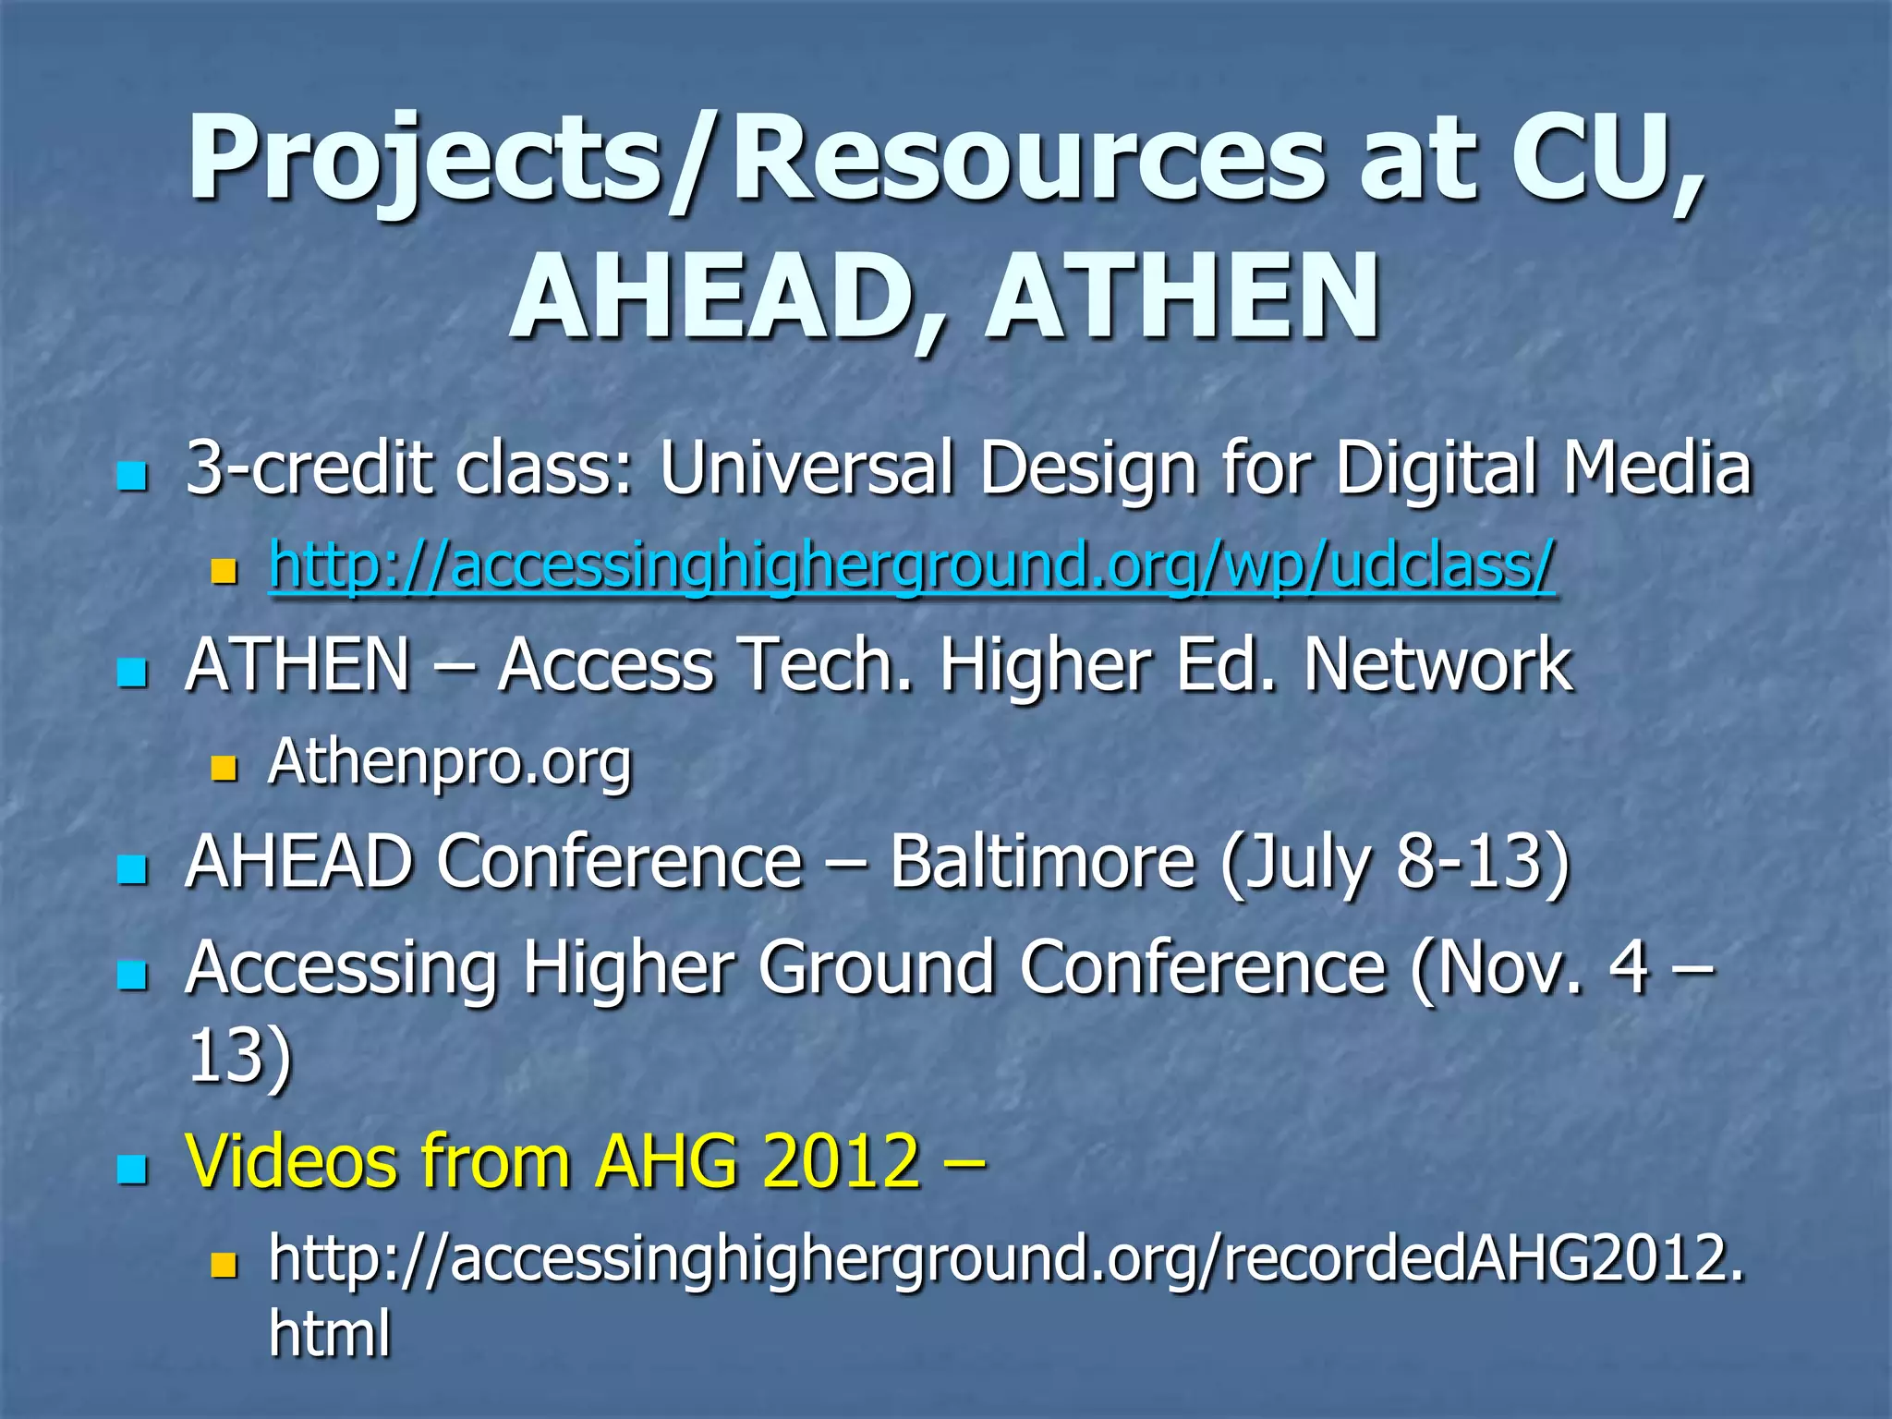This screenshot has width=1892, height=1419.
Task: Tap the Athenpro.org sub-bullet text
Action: [450, 762]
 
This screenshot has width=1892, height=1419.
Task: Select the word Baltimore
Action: [1042, 862]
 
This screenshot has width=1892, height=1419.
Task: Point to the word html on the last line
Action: [330, 1333]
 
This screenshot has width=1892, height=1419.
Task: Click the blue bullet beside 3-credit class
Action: [133, 477]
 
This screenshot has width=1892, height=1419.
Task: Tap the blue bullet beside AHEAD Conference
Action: [133, 869]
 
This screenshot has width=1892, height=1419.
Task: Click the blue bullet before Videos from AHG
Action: [133, 1169]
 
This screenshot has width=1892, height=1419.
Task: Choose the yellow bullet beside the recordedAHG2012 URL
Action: [224, 1265]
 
